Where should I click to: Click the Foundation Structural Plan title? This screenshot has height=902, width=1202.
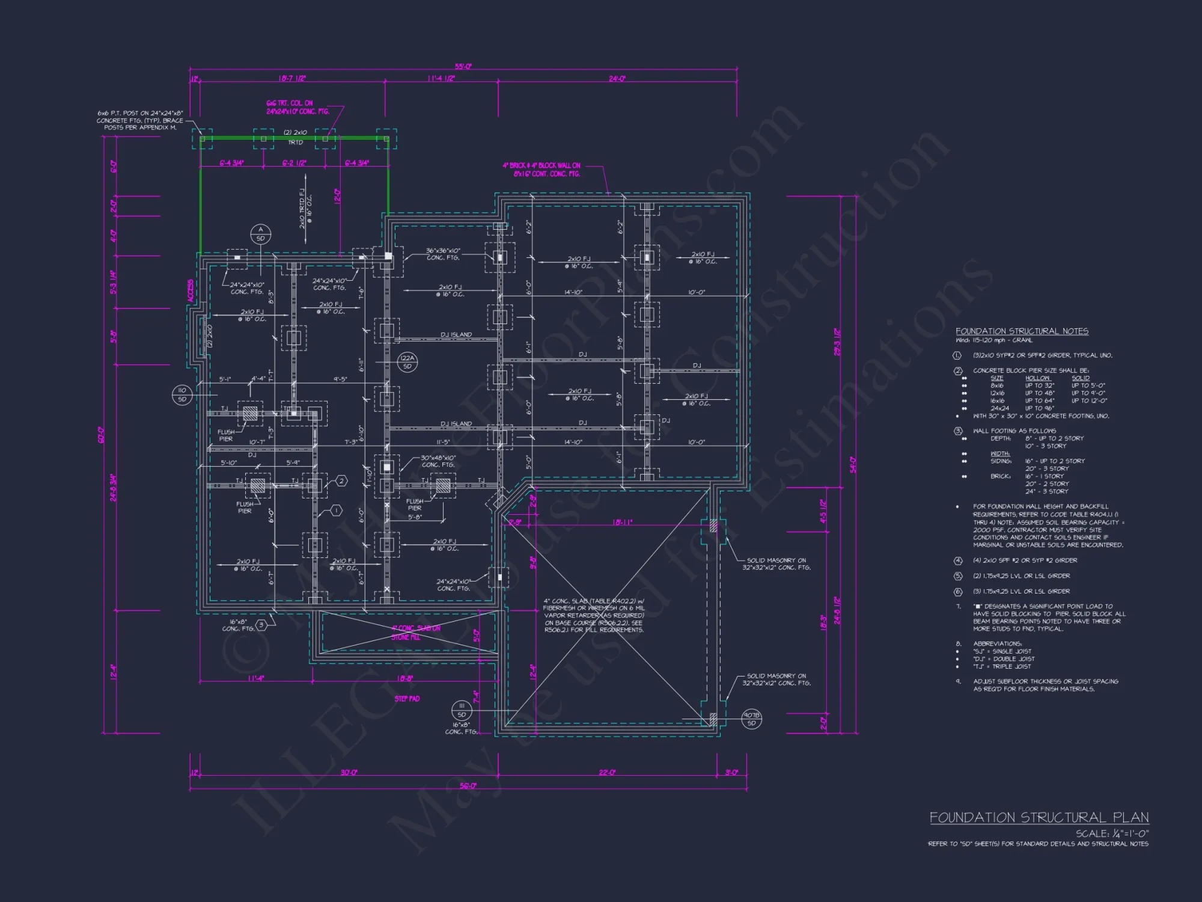coord(1039,818)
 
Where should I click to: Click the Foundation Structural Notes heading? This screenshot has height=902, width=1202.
coord(1022,331)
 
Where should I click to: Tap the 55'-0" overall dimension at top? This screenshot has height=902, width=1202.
coord(463,67)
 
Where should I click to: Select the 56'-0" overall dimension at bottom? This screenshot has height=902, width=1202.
coord(468,786)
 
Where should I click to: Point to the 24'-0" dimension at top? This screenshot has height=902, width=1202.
coord(617,79)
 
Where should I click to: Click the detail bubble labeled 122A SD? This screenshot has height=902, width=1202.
coord(407,362)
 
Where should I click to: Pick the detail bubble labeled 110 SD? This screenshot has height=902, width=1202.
coord(182,394)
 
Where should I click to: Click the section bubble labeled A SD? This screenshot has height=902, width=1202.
coord(261,234)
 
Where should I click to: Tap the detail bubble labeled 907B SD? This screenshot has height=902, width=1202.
coord(751,719)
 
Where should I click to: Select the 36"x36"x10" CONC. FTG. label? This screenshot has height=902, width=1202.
coord(443,254)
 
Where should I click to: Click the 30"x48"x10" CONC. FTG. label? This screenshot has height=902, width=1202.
coord(438,461)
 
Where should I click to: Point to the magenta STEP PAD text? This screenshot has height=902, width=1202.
coord(407,699)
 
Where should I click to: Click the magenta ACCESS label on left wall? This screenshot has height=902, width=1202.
coord(191,291)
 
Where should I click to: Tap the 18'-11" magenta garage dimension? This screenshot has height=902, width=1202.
coord(622,523)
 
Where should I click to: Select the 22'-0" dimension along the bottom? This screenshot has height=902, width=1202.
coord(607,772)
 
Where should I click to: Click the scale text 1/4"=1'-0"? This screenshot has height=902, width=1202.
coord(1112,833)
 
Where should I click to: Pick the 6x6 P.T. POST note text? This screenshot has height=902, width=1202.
coord(140,120)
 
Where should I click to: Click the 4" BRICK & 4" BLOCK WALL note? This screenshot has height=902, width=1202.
coord(542,170)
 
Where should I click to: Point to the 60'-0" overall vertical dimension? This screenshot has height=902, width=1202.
coord(101,435)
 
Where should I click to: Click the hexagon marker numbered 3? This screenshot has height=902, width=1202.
coord(261,625)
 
